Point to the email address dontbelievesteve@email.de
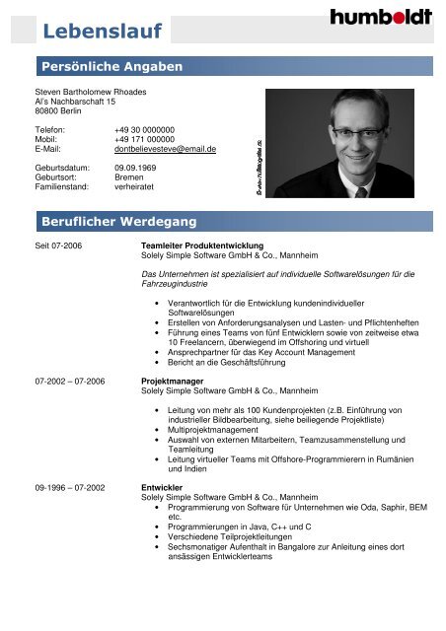pyautogui.click(x=165, y=148)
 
